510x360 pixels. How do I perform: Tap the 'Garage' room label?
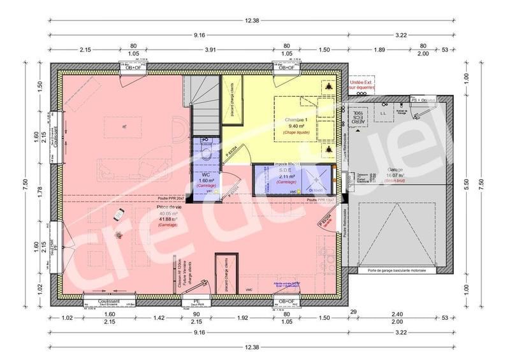point(396,170)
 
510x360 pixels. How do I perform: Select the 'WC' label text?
point(206,174)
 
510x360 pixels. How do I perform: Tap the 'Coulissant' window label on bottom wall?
point(106,301)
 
